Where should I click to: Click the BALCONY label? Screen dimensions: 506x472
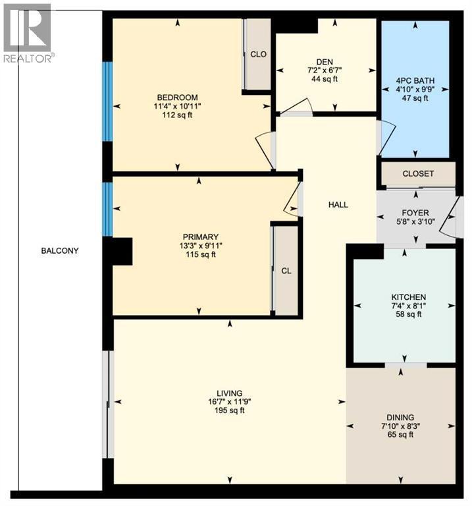[60, 250]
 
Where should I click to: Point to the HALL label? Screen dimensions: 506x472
[338, 204]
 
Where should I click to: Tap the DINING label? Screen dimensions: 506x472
[401, 418]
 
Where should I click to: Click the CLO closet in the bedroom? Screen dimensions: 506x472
[258, 54]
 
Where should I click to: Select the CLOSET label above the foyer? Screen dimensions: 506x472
[418, 174]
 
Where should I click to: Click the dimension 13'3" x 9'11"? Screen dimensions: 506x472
[201, 246]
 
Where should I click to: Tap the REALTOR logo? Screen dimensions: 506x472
[28, 33]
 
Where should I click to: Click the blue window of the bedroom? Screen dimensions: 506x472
[107, 101]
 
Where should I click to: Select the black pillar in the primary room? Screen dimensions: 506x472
[122, 250]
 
